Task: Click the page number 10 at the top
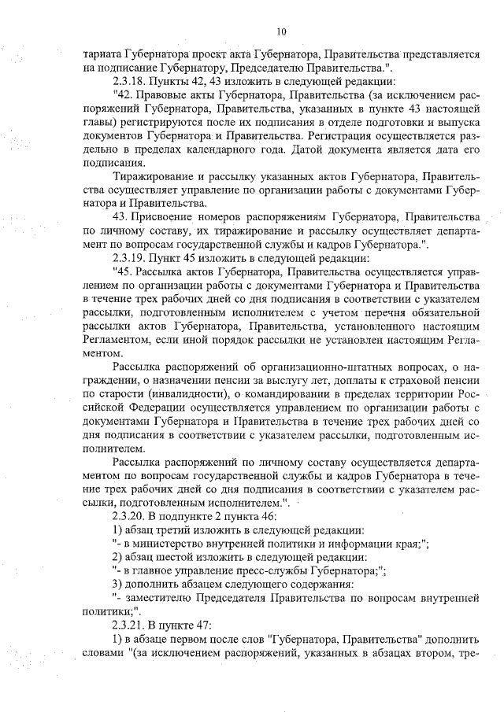coord(281,32)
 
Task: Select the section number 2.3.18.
coord(131,80)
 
